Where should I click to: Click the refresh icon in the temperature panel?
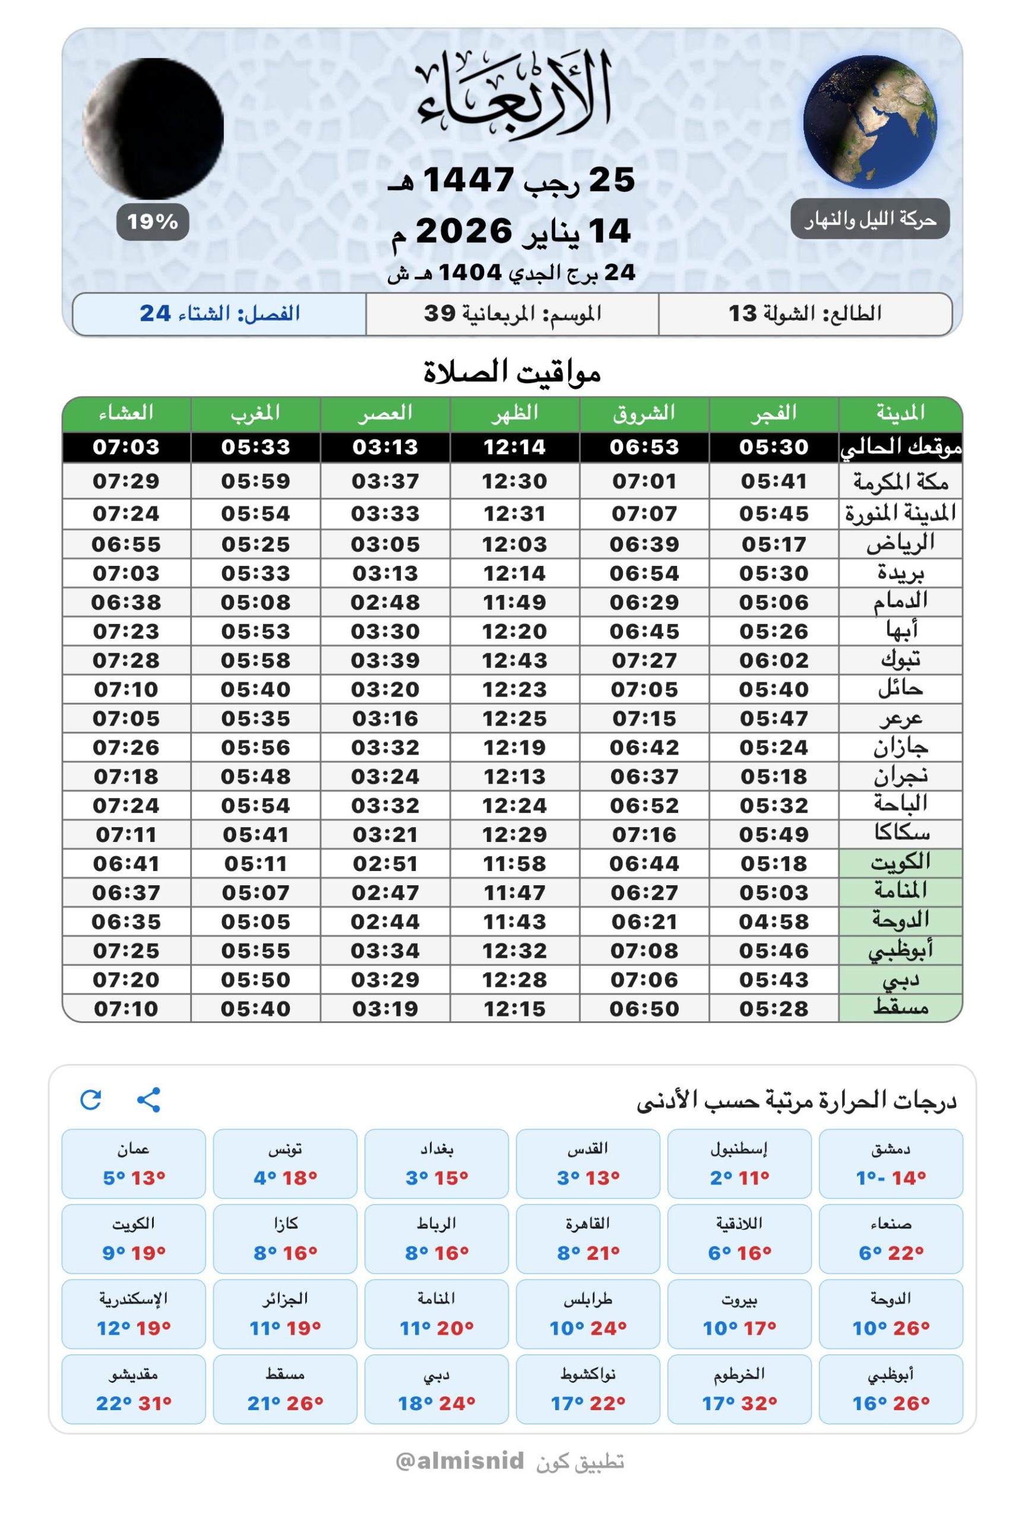(x=91, y=1100)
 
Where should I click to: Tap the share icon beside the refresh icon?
(x=149, y=1100)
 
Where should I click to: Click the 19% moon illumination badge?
(x=152, y=222)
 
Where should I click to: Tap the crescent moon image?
(x=153, y=128)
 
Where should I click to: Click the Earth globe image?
(x=870, y=122)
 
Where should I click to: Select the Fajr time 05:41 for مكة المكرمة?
(x=774, y=482)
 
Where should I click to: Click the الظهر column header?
(x=514, y=413)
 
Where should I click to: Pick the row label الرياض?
(x=900, y=544)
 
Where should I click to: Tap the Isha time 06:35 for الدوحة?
(x=126, y=922)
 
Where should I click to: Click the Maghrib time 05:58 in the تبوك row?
(x=255, y=661)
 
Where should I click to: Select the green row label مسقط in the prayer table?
(x=900, y=1008)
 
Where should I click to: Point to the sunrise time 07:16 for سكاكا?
(x=644, y=834)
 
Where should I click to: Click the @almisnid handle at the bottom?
(x=460, y=1461)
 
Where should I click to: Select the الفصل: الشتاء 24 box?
(x=220, y=313)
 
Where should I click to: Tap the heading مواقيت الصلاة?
(x=512, y=372)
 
